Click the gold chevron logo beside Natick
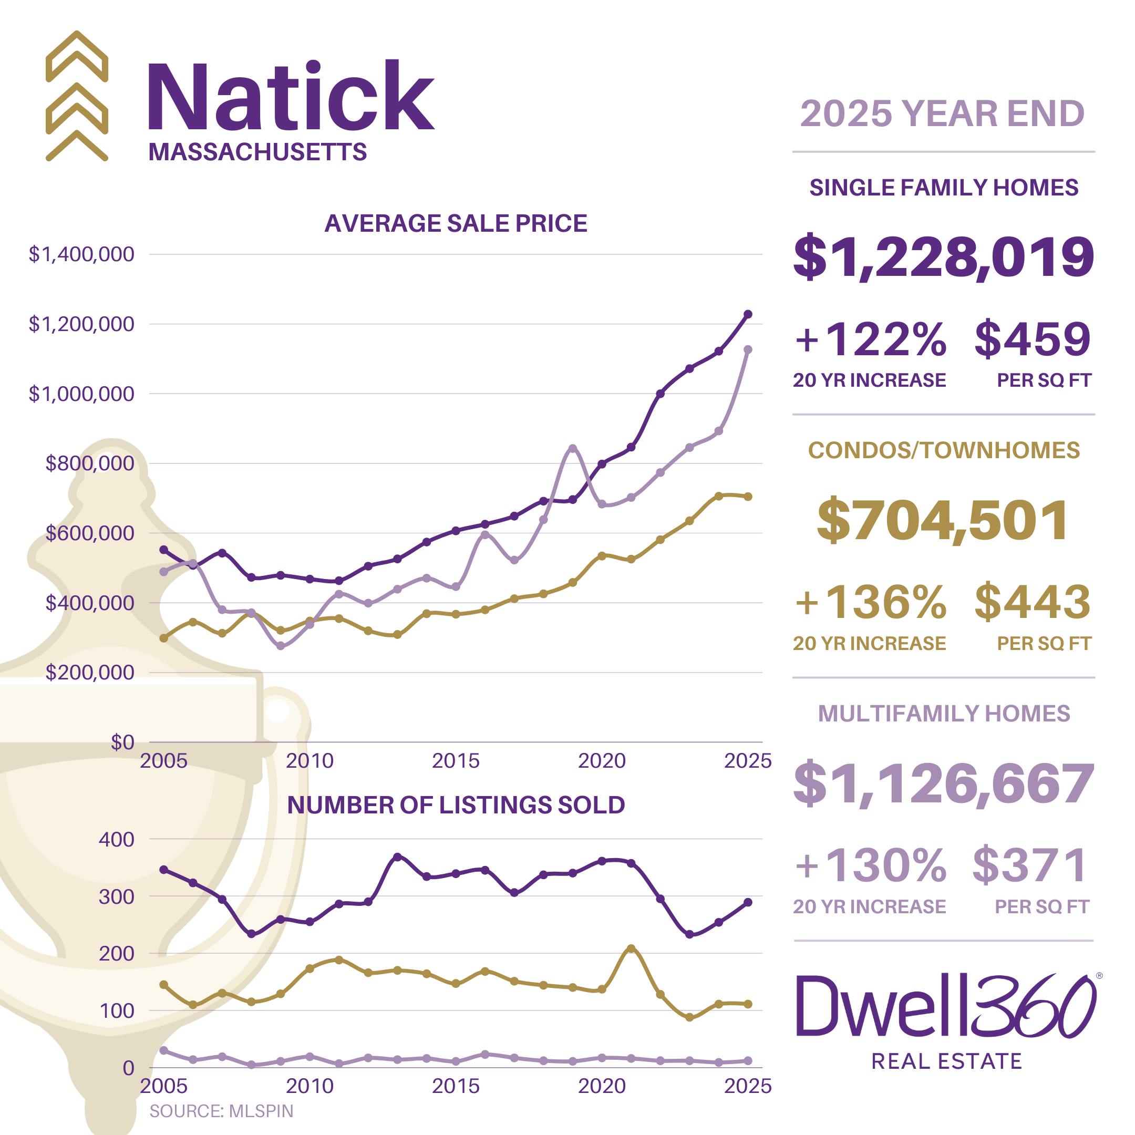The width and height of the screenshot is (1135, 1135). pos(77,96)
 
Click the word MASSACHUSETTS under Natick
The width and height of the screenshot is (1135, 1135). pos(257,152)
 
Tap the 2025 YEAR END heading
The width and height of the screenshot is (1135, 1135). pos(942,113)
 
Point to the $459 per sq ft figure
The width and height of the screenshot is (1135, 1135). pos(1032,339)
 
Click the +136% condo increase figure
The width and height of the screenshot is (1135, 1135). pos(871,602)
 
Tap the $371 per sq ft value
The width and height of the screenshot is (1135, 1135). pos(1030,865)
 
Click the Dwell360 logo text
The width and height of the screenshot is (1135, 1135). pos(946,1007)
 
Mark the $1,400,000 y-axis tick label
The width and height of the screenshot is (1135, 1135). pos(81,254)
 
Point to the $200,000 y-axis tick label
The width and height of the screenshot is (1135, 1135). pos(90,672)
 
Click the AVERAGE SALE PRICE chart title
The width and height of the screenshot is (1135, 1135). pos(456,223)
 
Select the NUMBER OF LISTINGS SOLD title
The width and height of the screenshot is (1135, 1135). pos(456,805)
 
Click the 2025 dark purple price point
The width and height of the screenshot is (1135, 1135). pos(748,314)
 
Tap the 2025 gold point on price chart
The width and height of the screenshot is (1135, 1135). pos(748,497)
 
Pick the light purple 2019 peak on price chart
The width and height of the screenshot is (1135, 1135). pos(573,448)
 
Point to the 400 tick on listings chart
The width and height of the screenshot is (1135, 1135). pos(116,840)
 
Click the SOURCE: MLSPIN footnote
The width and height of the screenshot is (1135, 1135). pos(221,1111)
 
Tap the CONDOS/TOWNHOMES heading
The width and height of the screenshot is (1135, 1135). pos(944,451)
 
